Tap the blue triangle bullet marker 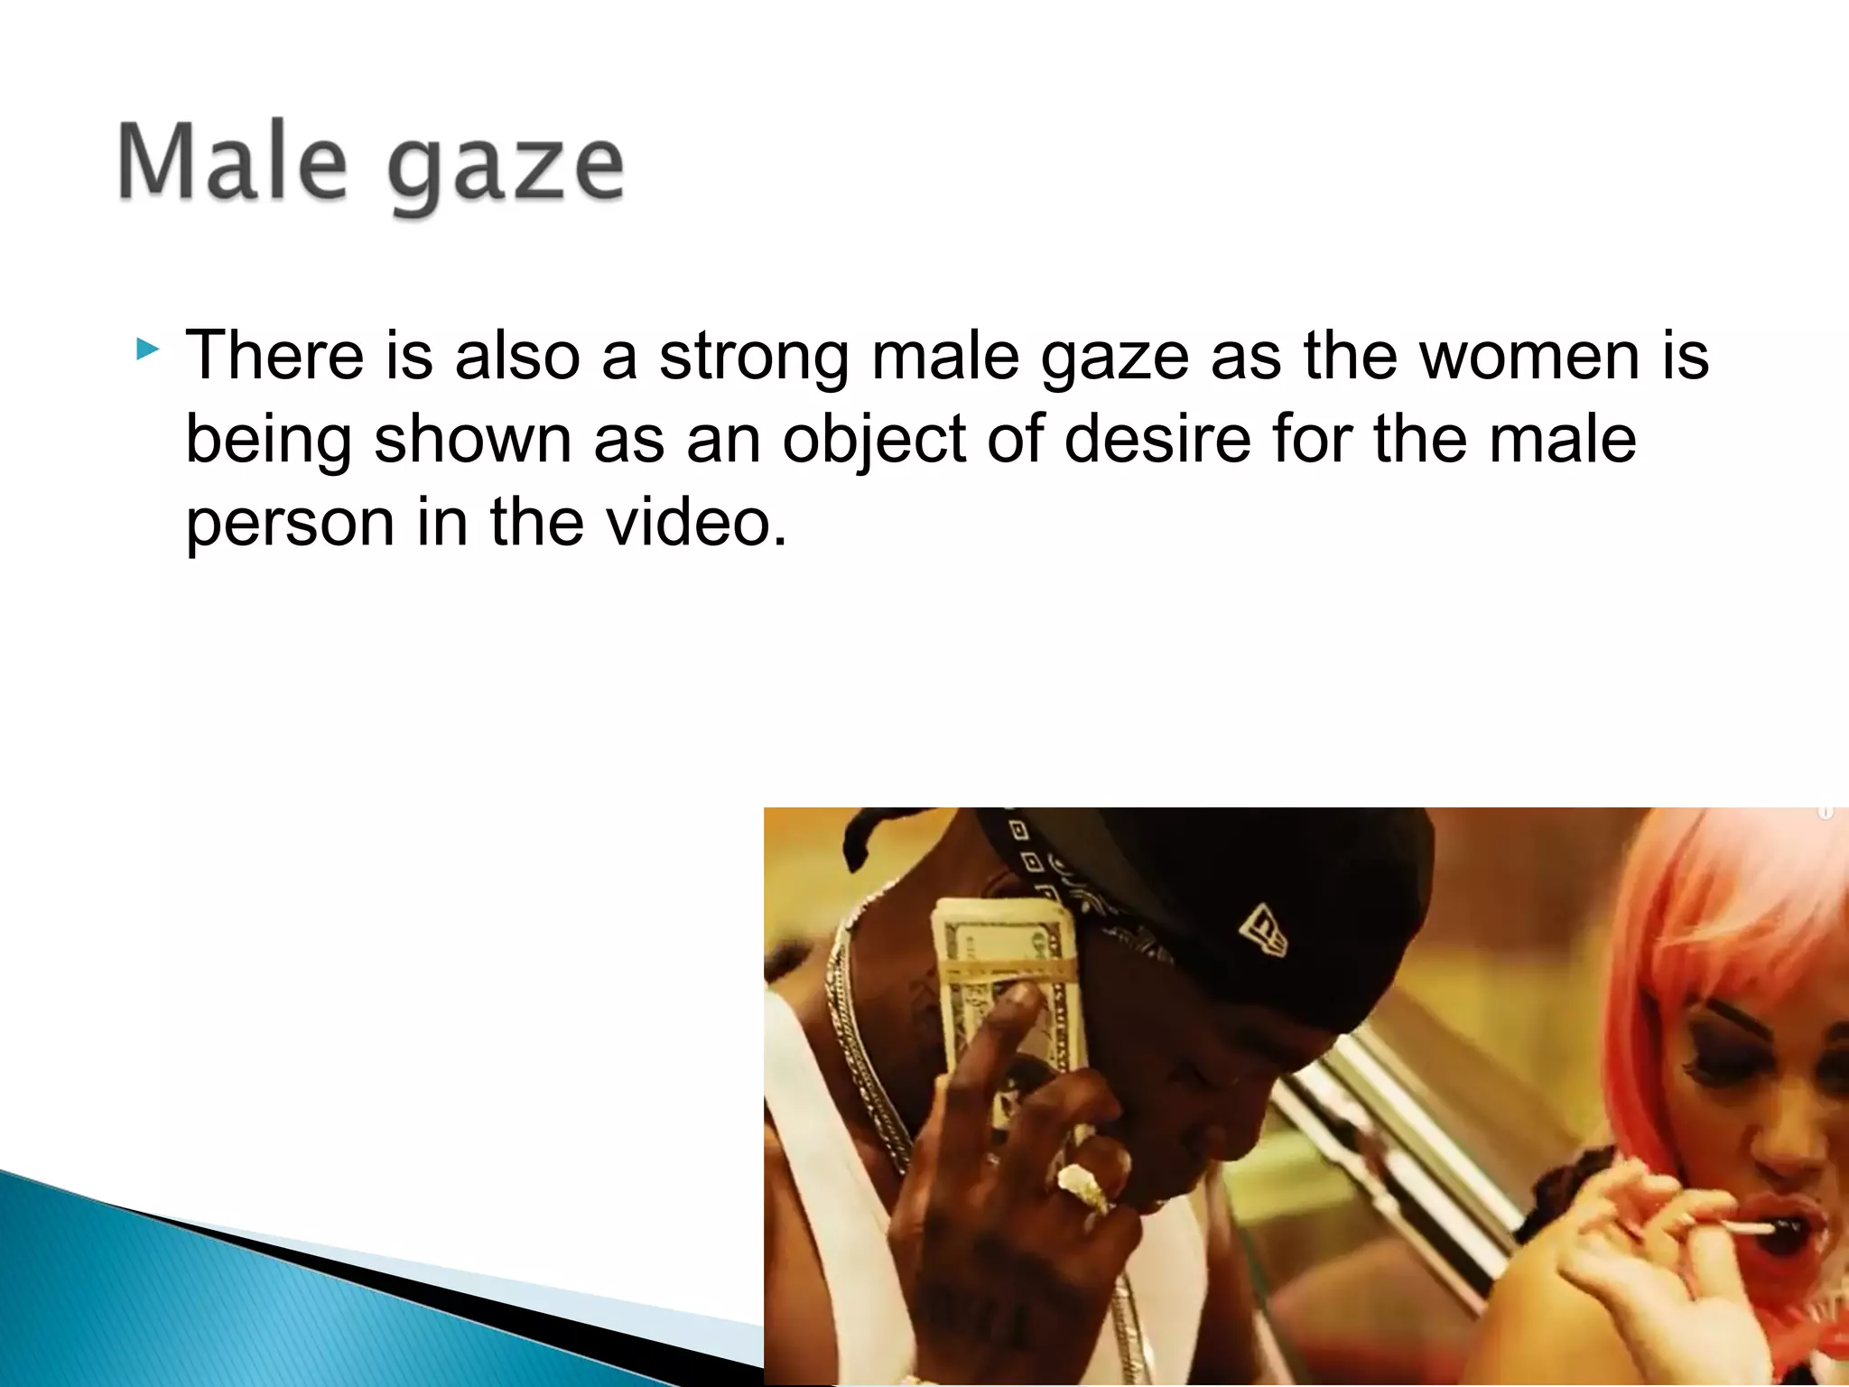(x=147, y=349)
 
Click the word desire (x=1157, y=439)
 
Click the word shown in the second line (x=473, y=439)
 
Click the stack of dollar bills (x=1007, y=993)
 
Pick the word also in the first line (x=517, y=355)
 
